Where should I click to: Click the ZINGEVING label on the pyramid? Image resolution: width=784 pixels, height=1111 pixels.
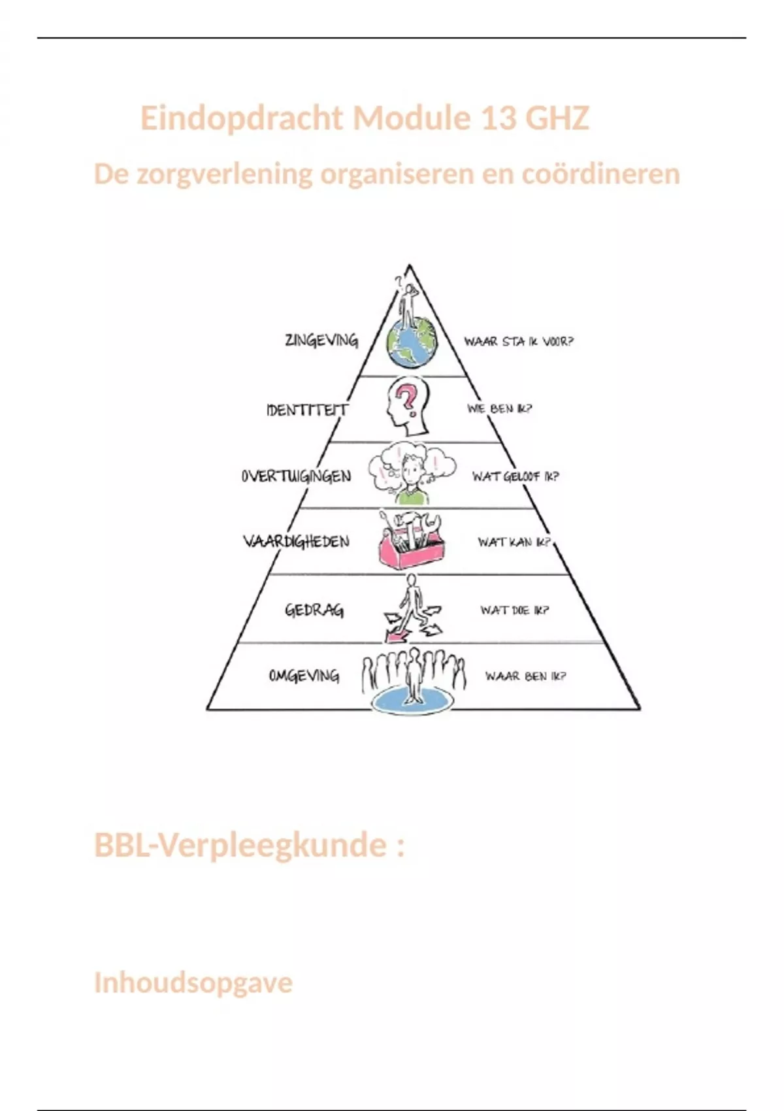pyautogui.click(x=321, y=340)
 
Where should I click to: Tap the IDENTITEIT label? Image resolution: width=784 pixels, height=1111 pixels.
pyautogui.click(x=307, y=410)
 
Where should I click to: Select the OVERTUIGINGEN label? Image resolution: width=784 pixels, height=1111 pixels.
pyautogui.click(x=296, y=476)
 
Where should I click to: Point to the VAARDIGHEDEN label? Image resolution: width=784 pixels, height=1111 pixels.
pyautogui.click(x=296, y=542)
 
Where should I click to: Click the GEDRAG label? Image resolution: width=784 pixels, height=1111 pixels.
pyautogui.click(x=314, y=610)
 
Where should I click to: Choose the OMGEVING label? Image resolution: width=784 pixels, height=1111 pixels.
pyautogui.click(x=304, y=676)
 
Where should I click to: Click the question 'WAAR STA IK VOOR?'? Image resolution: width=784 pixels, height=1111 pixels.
pyautogui.click(x=519, y=341)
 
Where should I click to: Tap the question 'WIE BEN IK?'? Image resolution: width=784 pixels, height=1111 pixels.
pyautogui.click(x=499, y=409)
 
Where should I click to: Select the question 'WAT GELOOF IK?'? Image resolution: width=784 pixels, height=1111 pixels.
pyautogui.click(x=515, y=476)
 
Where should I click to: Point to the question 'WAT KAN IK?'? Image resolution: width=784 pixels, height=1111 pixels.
pyautogui.click(x=514, y=542)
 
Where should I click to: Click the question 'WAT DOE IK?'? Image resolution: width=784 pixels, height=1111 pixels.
pyautogui.click(x=515, y=610)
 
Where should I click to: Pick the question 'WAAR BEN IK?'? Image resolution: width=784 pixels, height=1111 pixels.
pyautogui.click(x=525, y=676)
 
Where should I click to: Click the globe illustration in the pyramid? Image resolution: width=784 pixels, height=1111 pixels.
pyautogui.click(x=411, y=344)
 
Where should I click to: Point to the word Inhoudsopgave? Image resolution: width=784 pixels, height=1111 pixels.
pyautogui.click(x=193, y=982)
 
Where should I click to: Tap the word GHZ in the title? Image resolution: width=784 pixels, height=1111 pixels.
pyautogui.click(x=557, y=118)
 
